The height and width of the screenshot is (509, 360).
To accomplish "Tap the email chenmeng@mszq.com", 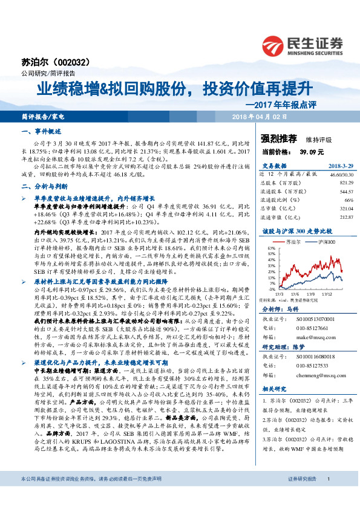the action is pos(312,374).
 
